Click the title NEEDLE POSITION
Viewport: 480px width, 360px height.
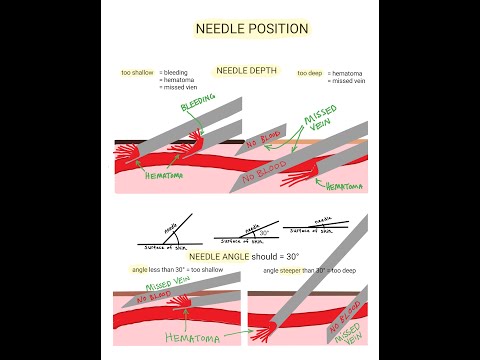click(x=251, y=29)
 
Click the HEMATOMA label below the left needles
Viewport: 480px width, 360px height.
click(x=137, y=175)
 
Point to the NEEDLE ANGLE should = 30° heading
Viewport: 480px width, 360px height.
click(x=244, y=257)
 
